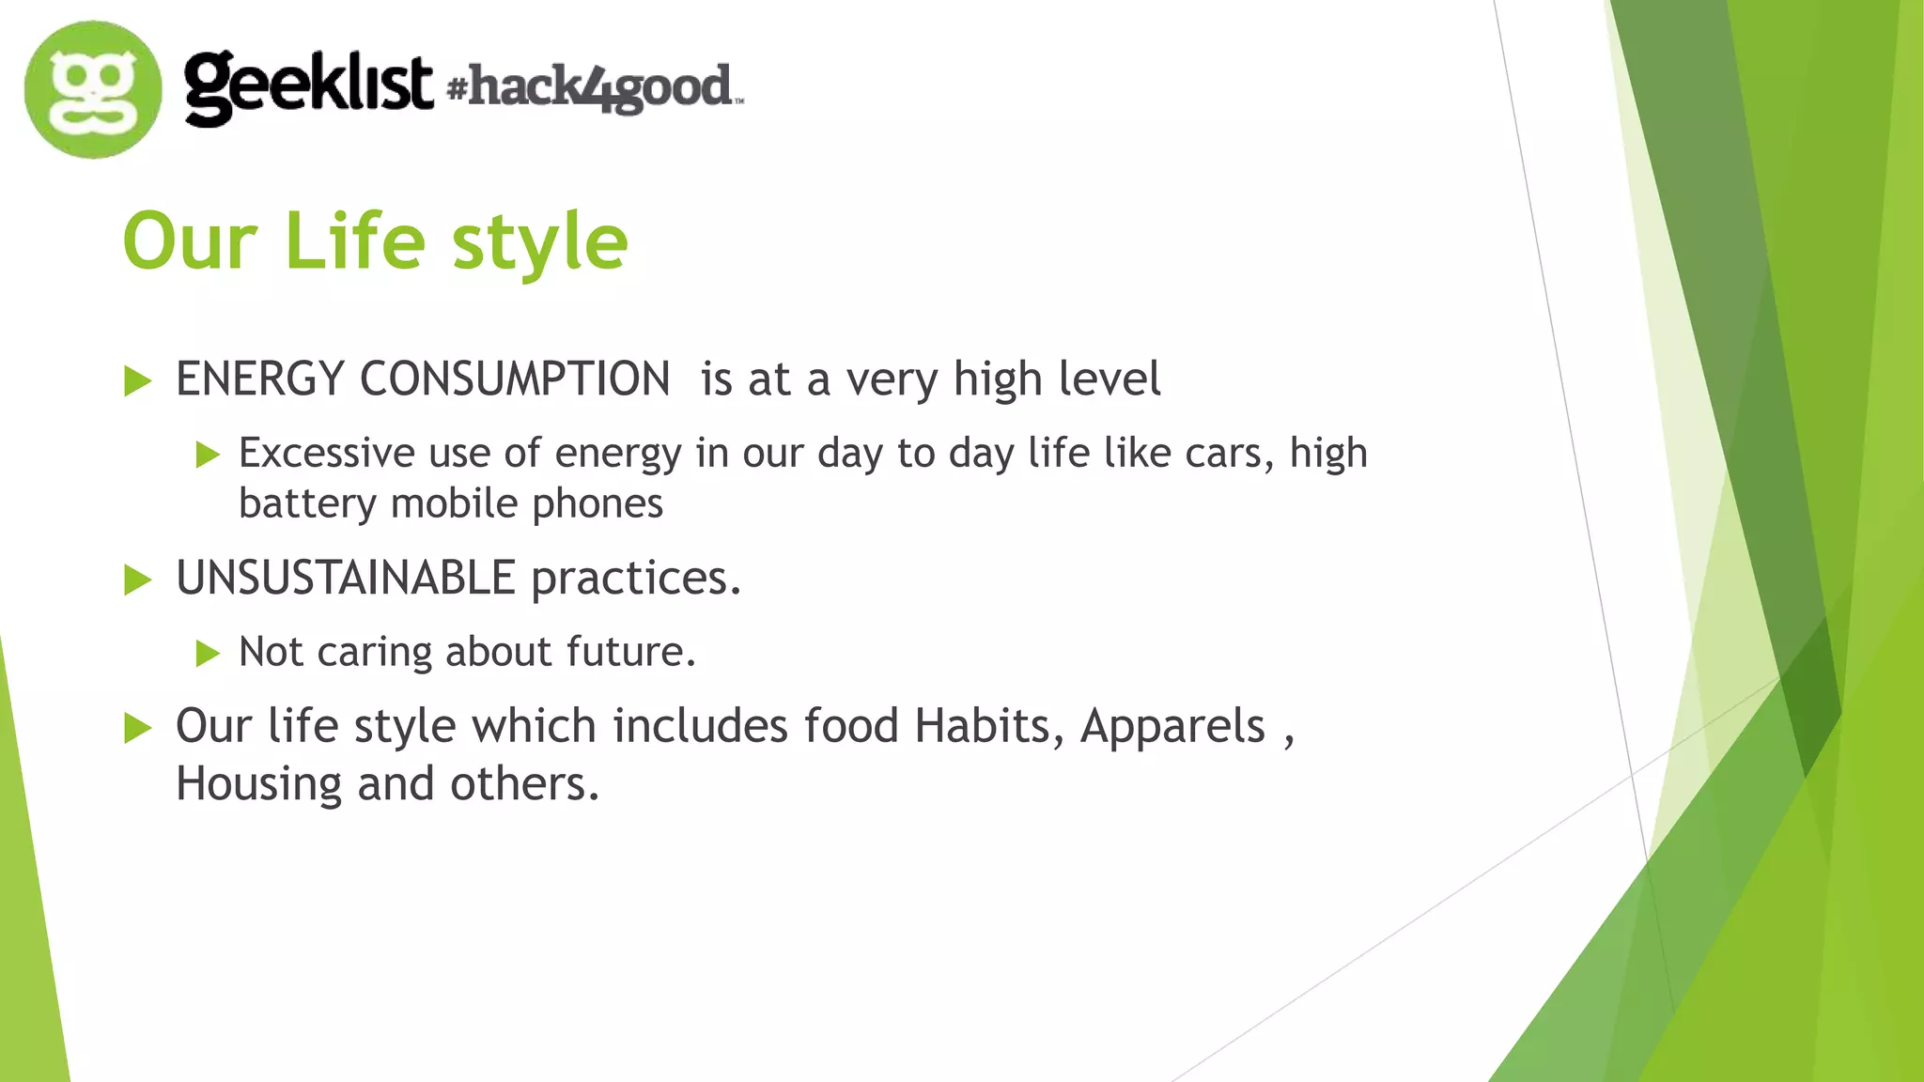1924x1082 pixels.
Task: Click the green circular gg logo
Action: [93, 89]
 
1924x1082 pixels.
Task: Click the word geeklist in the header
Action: [308, 86]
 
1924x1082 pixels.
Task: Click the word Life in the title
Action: [354, 241]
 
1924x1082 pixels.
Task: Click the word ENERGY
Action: [260, 379]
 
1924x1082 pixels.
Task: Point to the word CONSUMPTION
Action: [515, 379]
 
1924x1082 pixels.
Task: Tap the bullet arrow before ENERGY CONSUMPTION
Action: [137, 381]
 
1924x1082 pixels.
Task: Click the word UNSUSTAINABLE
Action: [346, 578]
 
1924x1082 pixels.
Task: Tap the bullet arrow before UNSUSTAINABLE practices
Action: [137, 580]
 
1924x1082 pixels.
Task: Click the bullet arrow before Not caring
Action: [208, 653]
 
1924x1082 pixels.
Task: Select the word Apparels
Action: [1172, 726]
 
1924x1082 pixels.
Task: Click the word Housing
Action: [258, 784]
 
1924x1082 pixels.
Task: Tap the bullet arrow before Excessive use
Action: [208, 456]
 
